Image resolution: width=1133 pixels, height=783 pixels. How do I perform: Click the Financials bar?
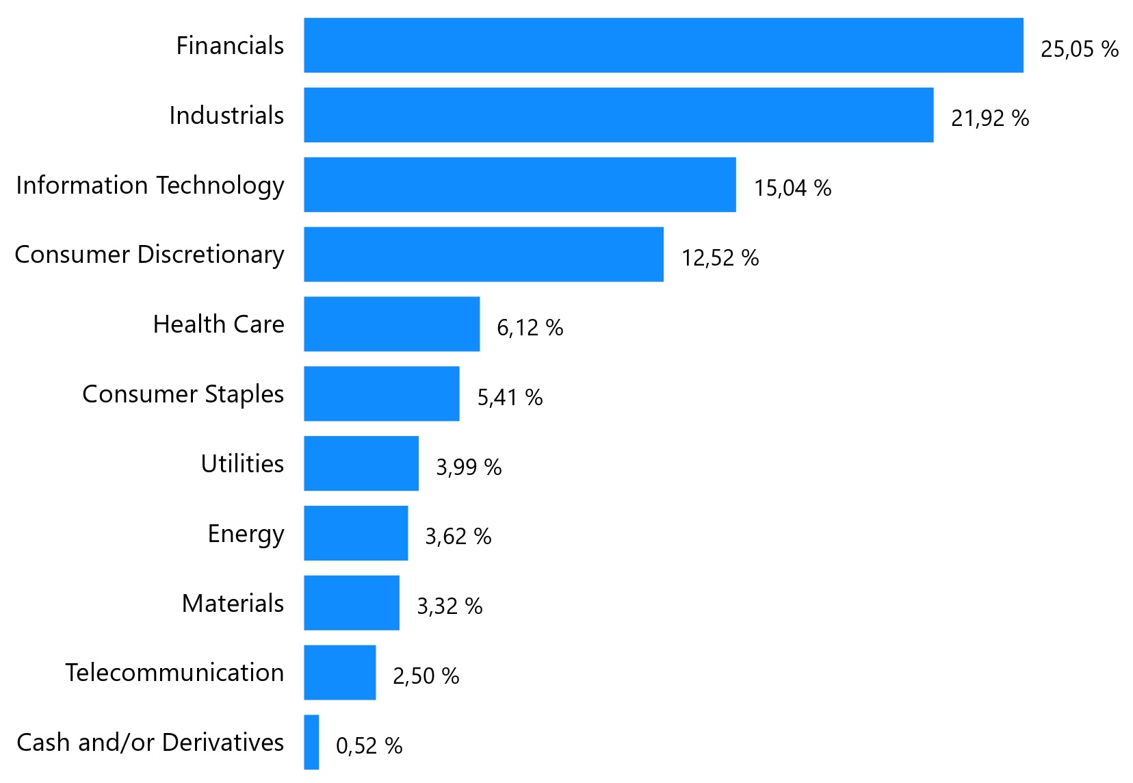tap(663, 45)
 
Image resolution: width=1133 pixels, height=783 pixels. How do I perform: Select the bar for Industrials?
tap(618, 115)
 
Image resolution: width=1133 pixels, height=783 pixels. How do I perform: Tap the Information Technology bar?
tap(520, 185)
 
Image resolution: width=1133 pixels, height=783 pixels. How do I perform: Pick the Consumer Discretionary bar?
tap(484, 255)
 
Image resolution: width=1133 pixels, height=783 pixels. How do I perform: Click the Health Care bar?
tap(392, 324)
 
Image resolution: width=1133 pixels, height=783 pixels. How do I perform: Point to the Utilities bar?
tap(361, 463)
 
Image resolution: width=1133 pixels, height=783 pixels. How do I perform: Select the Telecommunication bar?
tap(340, 672)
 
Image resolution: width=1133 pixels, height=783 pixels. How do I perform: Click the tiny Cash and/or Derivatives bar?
tap(311, 742)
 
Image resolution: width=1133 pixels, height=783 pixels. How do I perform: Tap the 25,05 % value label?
tap(1079, 49)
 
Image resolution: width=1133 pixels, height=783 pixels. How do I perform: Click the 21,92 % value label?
tap(989, 118)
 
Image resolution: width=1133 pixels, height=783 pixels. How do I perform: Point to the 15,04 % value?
tap(792, 188)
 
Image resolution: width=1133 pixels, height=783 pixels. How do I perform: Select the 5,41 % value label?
tap(510, 397)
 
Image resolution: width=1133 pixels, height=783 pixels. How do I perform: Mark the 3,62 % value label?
tap(458, 537)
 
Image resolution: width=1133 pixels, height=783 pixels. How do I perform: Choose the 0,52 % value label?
tap(369, 745)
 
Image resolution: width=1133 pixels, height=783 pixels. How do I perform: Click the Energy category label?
tap(246, 534)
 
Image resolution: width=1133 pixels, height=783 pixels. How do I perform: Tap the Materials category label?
tap(233, 603)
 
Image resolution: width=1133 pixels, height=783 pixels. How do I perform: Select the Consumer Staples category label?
tap(183, 394)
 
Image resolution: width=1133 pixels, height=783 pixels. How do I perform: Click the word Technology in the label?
tap(220, 185)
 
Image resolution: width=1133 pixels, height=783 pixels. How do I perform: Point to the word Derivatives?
tap(223, 742)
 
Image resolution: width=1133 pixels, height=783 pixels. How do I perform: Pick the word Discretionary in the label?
tap(211, 255)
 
